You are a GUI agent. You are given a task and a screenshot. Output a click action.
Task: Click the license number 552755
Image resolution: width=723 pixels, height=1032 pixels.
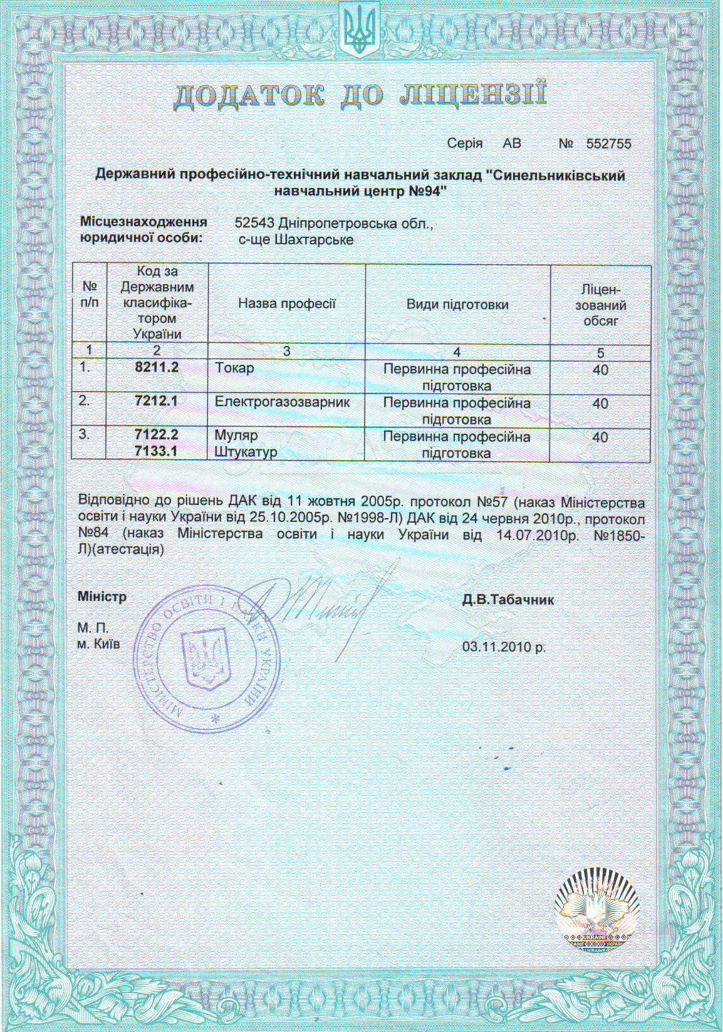coord(608,144)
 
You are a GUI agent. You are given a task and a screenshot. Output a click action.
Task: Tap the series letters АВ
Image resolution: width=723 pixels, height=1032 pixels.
coord(512,144)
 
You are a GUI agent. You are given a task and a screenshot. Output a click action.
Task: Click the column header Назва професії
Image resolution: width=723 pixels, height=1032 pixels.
coord(287,304)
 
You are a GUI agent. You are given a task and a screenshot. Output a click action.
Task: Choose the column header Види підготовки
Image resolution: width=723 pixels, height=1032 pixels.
coord(457,305)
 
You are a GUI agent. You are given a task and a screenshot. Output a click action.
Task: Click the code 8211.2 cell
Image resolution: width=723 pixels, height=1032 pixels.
coord(157,367)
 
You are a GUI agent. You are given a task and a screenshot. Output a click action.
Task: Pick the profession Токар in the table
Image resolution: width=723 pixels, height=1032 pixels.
coord(234,368)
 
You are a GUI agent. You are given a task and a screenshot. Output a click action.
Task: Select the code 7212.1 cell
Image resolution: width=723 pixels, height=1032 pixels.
coord(157,401)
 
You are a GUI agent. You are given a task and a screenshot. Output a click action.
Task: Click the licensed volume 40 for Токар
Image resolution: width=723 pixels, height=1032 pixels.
coord(600,370)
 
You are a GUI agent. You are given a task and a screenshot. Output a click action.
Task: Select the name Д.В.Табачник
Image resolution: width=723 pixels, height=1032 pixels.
coord(508,600)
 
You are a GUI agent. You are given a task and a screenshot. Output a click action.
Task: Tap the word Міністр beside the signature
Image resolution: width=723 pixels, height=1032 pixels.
coord(101,597)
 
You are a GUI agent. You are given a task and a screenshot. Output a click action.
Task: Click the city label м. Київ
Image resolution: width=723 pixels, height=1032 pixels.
coord(98,644)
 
